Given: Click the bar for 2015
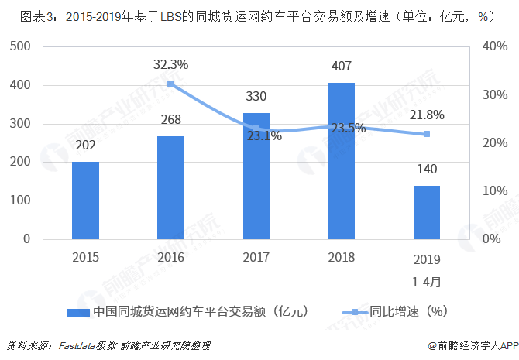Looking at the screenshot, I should [x=85, y=200].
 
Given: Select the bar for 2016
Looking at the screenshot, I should [x=170, y=187].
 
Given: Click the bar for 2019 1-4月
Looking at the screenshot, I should [x=426, y=212].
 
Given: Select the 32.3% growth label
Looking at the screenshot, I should [x=170, y=65].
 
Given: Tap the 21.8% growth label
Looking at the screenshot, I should [x=426, y=115].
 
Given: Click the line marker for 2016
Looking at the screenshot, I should [x=170, y=84].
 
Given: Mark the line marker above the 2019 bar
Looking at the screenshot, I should [x=426, y=134].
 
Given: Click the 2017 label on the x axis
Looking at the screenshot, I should [x=256, y=258].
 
